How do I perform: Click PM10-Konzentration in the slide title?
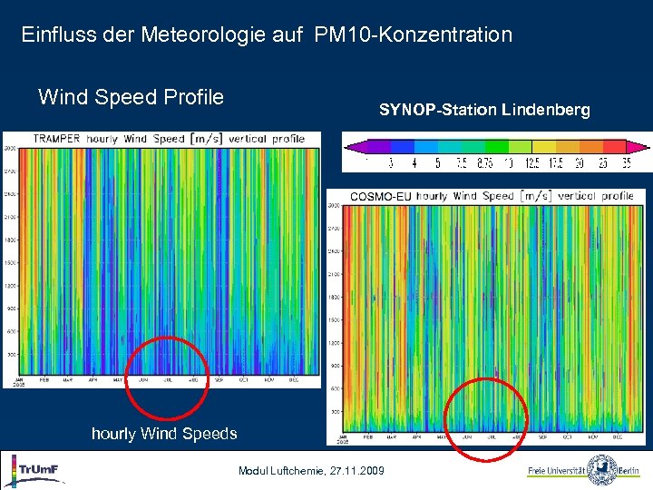pyautogui.click(x=414, y=35)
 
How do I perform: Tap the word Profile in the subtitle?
pyautogui.click(x=190, y=97)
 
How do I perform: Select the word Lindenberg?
pyautogui.click(x=543, y=110)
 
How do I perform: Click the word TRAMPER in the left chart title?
pyautogui.click(x=57, y=139)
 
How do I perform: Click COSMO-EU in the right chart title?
pyautogui.click(x=383, y=195)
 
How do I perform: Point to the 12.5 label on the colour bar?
pyautogui.click(x=531, y=164)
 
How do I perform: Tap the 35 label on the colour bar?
pyautogui.click(x=625, y=164)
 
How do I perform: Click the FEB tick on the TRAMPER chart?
pyautogui.click(x=44, y=380)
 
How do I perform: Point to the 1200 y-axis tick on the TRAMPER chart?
pyautogui.click(x=10, y=285)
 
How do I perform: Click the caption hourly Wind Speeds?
pyautogui.click(x=164, y=434)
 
